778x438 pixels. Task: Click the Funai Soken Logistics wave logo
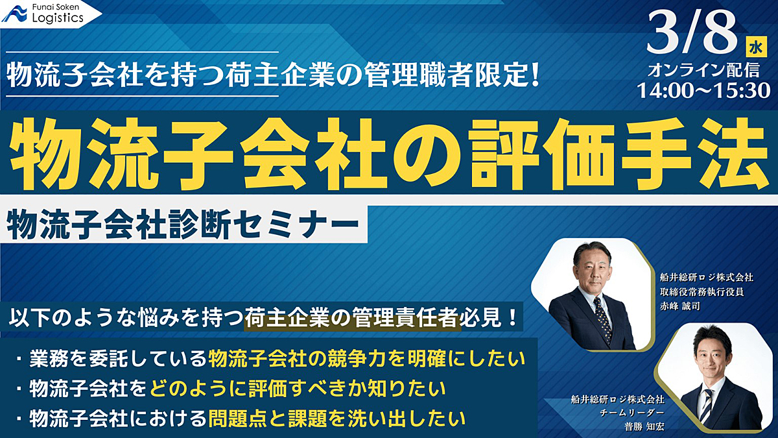click(14, 14)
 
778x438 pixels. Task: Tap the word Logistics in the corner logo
click(58, 18)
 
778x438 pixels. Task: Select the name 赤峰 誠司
click(679, 306)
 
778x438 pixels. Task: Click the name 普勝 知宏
click(644, 426)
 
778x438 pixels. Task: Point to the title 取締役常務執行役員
click(701, 291)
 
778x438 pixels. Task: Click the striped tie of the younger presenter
click(707, 406)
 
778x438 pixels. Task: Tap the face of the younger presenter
click(711, 359)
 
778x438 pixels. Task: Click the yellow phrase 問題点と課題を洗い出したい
click(336, 419)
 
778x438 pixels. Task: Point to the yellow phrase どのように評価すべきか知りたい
click(298, 389)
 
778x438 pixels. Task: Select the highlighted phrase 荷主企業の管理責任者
click(353, 318)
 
